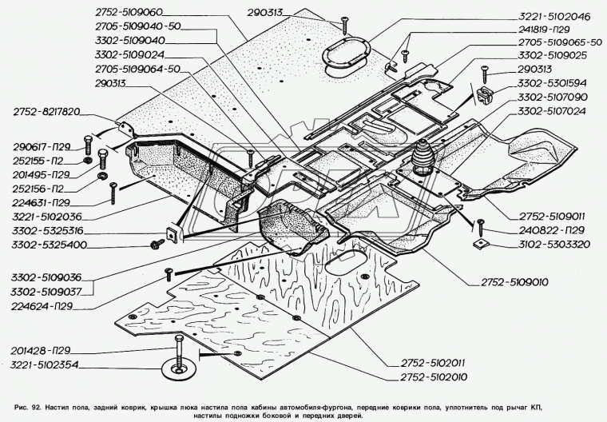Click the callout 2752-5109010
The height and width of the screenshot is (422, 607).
coord(514,282)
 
